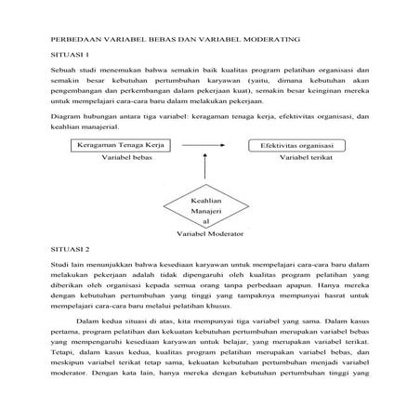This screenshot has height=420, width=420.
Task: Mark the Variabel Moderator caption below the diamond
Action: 207,234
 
